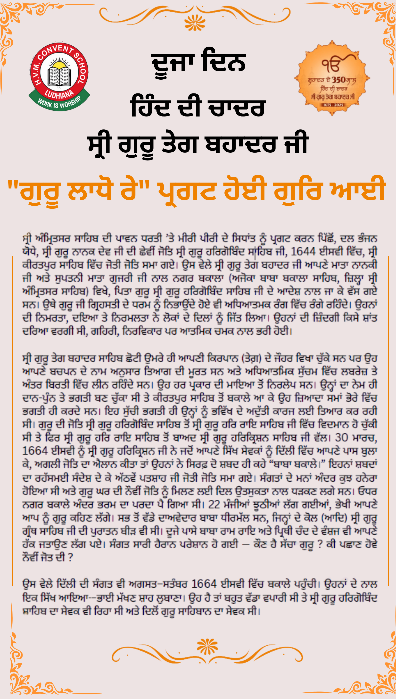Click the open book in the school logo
59,76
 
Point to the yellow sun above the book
59,65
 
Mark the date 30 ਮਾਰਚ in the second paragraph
356,438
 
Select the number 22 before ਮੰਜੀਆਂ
214,505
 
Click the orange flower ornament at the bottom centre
207,646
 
